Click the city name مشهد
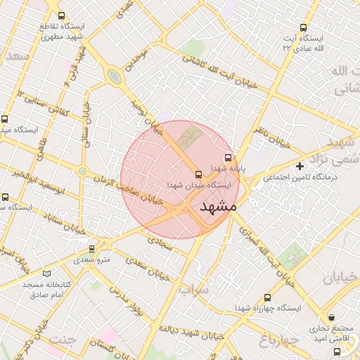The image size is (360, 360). tap(219, 207)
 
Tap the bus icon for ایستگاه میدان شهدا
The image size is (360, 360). tap(198, 174)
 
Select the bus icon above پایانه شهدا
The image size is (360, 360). tap(227, 158)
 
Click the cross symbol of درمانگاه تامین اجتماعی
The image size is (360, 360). tap(300, 167)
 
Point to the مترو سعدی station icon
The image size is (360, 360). tap(92, 248)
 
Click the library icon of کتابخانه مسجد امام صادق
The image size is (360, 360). tap(47, 274)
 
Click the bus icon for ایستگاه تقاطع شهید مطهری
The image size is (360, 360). tap(61, 15)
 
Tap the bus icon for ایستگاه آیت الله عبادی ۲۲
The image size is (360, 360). tap(303, 27)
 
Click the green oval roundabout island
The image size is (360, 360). tap(113, 76)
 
